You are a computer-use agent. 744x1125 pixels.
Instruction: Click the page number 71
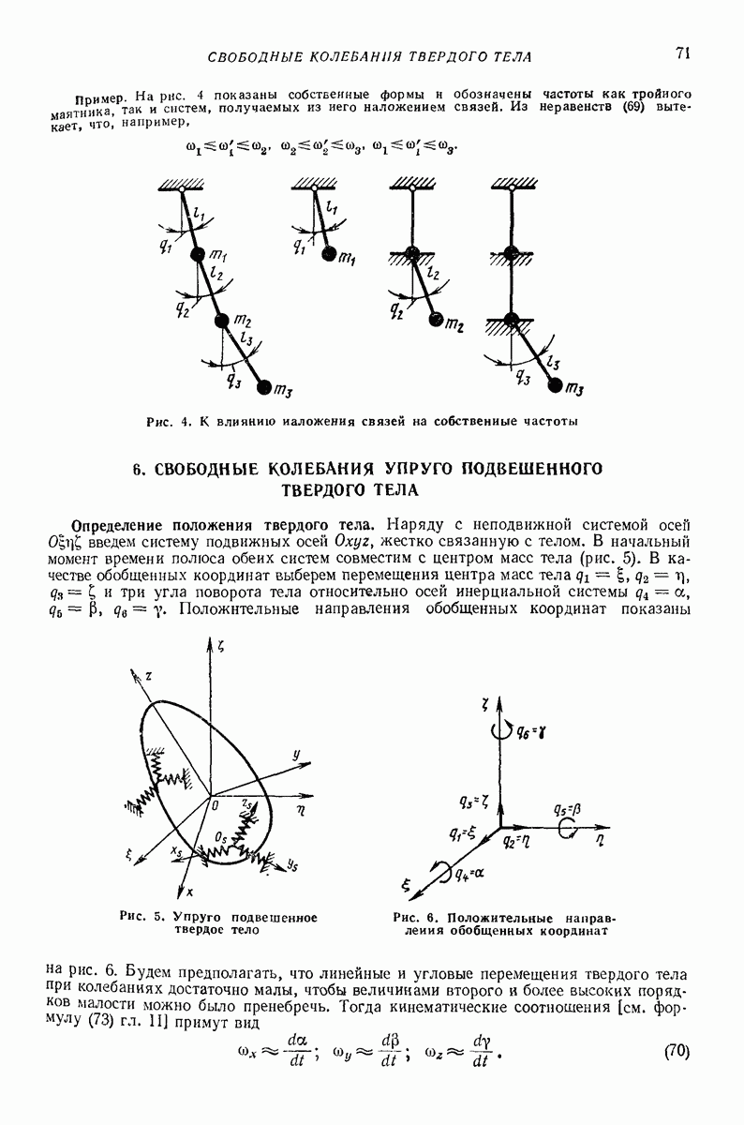point(681,53)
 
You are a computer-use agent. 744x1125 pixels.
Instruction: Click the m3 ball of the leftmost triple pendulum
point(263,387)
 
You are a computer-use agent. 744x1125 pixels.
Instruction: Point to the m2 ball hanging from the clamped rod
point(437,321)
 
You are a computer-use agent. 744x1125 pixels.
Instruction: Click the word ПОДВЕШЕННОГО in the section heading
point(527,468)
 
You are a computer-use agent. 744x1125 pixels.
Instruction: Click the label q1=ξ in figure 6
point(462,831)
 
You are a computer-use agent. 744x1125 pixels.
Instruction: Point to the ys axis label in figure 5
point(291,865)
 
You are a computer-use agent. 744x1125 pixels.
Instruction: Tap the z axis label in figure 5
point(148,677)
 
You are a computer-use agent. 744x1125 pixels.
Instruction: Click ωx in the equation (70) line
point(249,1051)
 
